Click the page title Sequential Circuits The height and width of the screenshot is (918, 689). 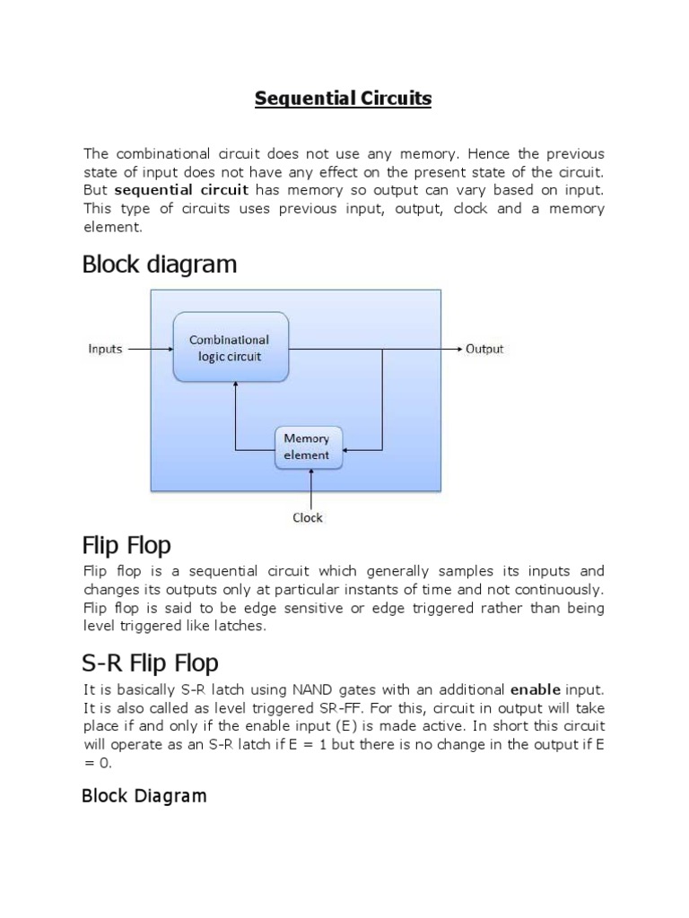[343, 99]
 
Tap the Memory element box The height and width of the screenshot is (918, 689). [307, 447]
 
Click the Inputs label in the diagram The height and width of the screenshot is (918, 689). [105, 349]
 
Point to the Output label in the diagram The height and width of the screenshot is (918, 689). [484, 349]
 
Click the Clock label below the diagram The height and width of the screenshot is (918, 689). [308, 517]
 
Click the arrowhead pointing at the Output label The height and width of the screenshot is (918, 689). [458, 349]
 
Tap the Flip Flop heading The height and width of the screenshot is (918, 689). [126, 545]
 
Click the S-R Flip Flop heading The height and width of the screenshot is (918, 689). [150, 663]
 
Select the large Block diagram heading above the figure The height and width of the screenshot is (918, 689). [160, 264]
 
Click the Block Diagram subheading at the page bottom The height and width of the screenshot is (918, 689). [144, 795]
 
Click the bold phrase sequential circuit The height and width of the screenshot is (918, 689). [181, 190]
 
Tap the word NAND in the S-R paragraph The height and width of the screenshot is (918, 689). [314, 689]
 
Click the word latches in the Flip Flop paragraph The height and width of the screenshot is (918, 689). [237, 626]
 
